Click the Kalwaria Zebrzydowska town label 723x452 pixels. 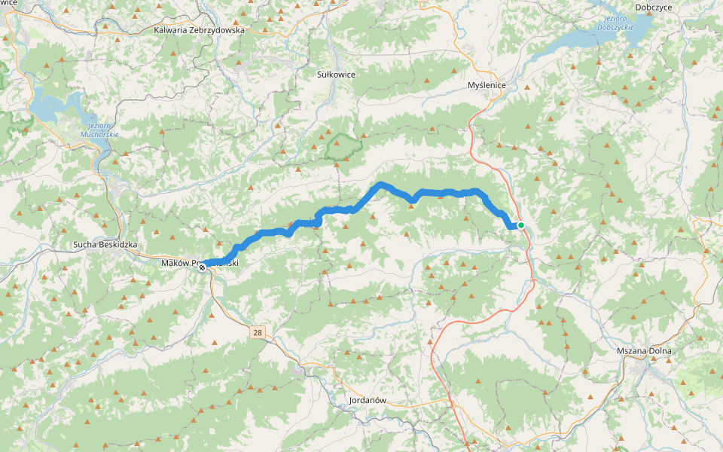(x=199, y=30)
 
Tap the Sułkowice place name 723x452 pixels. (x=336, y=75)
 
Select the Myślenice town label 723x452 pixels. (x=486, y=86)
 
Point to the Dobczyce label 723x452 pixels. (x=653, y=7)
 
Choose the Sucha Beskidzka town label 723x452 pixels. (x=105, y=245)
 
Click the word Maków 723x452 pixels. (x=175, y=263)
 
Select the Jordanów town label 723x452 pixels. (x=368, y=400)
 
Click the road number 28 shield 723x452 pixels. (x=258, y=332)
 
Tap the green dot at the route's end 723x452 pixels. (x=520, y=224)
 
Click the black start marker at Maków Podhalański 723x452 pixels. (x=202, y=267)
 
